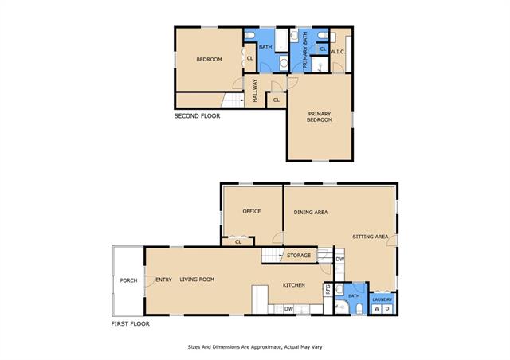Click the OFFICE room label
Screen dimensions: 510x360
coord(252,211)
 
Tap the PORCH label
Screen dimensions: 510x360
coord(128,280)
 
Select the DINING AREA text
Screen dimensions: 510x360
coord(311,213)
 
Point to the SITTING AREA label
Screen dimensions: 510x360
coord(370,237)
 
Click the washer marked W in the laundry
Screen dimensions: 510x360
coord(377,308)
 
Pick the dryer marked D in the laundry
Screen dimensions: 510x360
coord(387,308)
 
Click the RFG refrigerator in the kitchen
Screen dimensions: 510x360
coord(328,289)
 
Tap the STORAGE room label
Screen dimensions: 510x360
coord(299,256)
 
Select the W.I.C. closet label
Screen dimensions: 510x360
coord(338,52)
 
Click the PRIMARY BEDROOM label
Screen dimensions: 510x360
coord(320,117)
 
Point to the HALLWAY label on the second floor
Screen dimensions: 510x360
coord(255,91)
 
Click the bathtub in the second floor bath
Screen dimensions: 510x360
coord(281,40)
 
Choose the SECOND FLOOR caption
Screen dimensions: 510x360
coord(197,116)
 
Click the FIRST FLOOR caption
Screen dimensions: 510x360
coord(131,324)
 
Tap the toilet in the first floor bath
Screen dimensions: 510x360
coord(359,308)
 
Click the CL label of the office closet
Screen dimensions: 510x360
coord(238,242)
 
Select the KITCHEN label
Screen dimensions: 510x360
coord(294,285)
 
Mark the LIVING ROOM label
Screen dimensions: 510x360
coord(197,280)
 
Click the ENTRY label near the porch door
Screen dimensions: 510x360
coord(163,280)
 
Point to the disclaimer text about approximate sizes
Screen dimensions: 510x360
coord(255,347)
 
